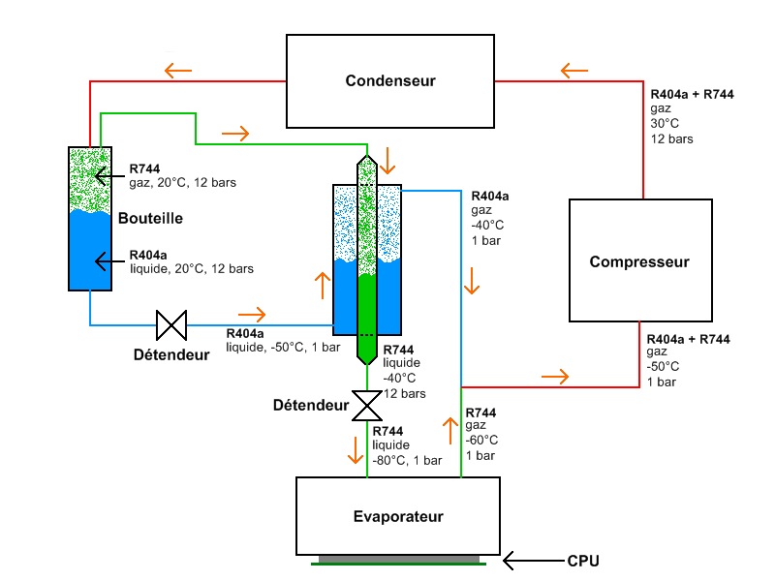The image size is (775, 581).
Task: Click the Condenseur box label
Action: (x=390, y=80)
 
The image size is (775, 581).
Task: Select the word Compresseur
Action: (x=639, y=261)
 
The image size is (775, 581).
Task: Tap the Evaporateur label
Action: (x=398, y=517)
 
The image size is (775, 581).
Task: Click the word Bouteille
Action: (x=150, y=219)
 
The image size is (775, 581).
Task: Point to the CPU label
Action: (x=583, y=562)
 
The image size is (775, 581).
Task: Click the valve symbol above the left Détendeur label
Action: (x=171, y=325)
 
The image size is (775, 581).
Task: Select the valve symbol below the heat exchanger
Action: (x=367, y=406)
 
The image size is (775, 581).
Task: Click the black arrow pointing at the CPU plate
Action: (x=534, y=561)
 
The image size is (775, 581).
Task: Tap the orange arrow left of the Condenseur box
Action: (x=178, y=71)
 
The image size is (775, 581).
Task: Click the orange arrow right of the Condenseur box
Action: (x=574, y=71)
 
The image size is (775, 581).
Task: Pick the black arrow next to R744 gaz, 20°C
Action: (x=109, y=176)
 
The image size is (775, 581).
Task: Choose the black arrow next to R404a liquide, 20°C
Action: (x=109, y=261)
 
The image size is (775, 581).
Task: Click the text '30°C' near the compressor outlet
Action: (x=665, y=124)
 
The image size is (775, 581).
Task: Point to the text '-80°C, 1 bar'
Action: (x=407, y=461)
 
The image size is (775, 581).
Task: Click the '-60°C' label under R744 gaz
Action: (x=481, y=441)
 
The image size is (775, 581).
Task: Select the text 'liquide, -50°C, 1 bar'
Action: (x=283, y=348)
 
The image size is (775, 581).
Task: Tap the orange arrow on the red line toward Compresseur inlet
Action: (x=555, y=377)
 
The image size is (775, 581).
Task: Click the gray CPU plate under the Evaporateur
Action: (x=399, y=559)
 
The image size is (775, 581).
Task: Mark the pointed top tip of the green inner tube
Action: (x=367, y=155)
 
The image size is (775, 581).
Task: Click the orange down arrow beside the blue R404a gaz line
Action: (x=472, y=281)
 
